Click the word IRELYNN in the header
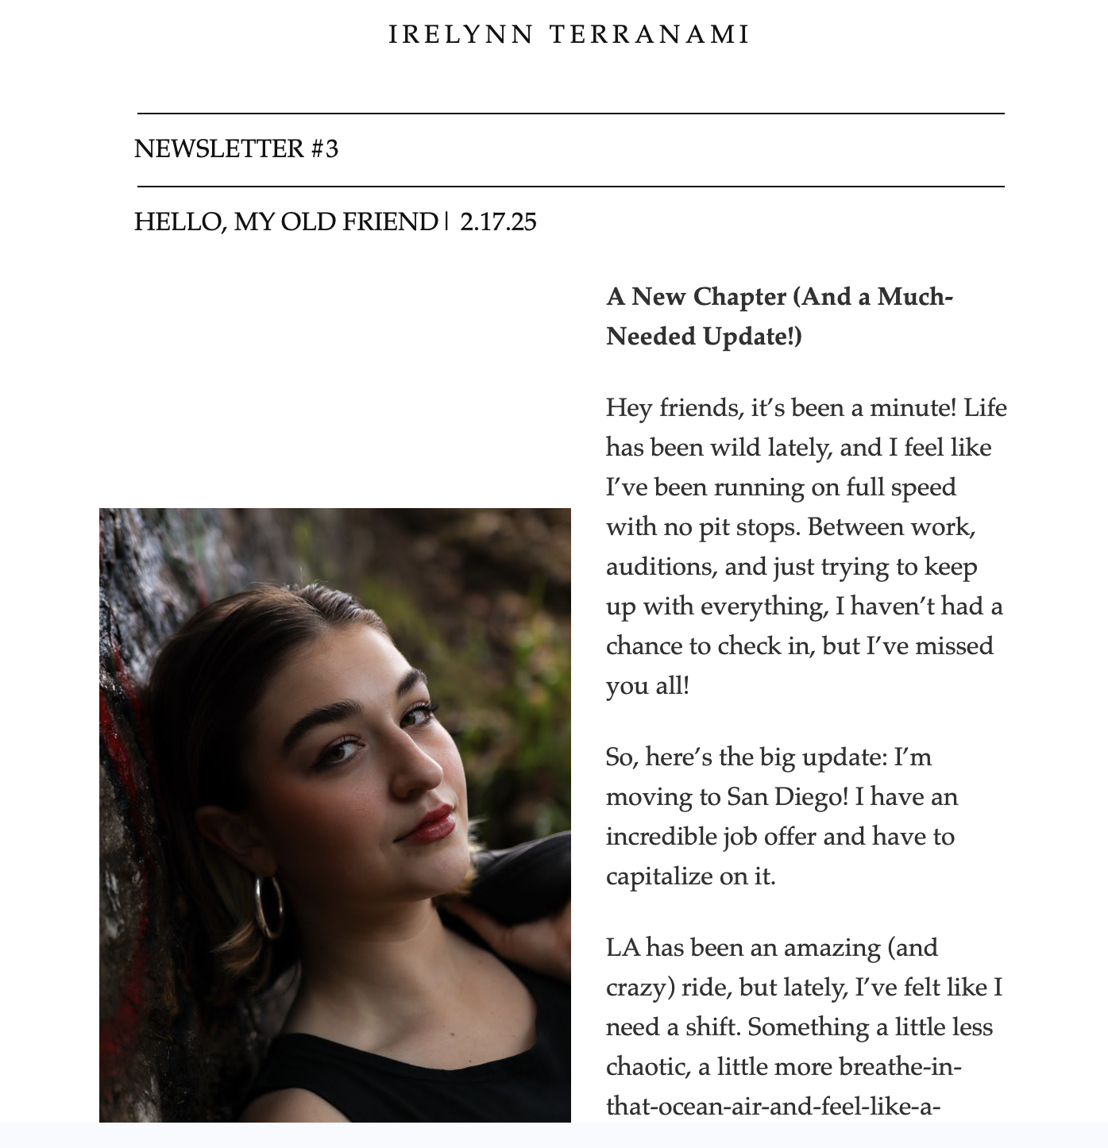pyautogui.click(x=461, y=34)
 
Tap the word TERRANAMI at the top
pyautogui.click(x=650, y=34)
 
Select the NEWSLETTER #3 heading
pyautogui.click(x=236, y=148)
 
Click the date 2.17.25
pyautogui.click(x=498, y=222)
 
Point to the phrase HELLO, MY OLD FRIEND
pyautogui.click(x=286, y=222)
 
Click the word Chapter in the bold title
pyautogui.click(x=739, y=296)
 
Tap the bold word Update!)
pyautogui.click(x=752, y=336)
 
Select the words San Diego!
pyautogui.click(x=787, y=796)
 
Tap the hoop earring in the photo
pyautogui.click(x=269, y=905)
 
